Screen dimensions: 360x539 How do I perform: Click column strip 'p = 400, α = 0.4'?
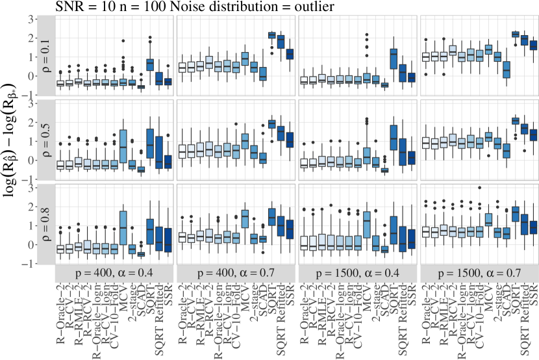(x=114, y=273)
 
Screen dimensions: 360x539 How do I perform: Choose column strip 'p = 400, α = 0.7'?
(x=236, y=273)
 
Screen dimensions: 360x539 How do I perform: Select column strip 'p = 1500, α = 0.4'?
(x=358, y=273)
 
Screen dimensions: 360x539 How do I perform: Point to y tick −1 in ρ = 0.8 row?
(x=29, y=264)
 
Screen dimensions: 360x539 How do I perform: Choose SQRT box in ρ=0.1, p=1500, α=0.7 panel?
(x=516, y=34)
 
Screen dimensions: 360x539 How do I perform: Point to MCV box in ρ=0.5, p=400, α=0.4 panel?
(x=123, y=150)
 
